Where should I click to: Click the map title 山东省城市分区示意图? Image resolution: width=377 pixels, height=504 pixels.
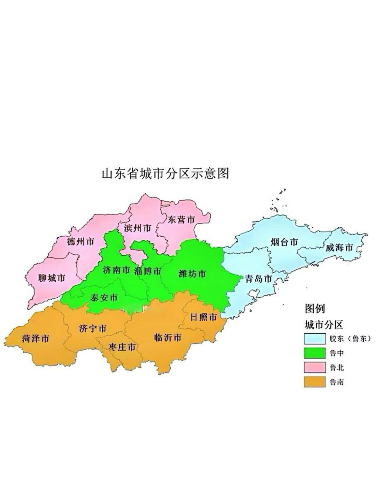pyautogui.click(x=165, y=174)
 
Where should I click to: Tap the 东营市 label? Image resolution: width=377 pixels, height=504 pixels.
pyautogui.click(x=181, y=220)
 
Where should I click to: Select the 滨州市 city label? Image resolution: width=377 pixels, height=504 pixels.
pyautogui.click(x=138, y=228)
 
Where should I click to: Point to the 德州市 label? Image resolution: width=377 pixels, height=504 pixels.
pyautogui.click(x=80, y=242)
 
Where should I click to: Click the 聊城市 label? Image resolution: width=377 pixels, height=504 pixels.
pyautogui.click(x=52, y=278)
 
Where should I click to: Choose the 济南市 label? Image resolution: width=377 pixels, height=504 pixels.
pyautogui.click(x=117, y=270)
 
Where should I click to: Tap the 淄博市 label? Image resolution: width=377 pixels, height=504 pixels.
pyautogui.click(x=148, y=271)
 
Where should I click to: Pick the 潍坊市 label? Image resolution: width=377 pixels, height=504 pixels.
pyautogui.click(x=192, y=274)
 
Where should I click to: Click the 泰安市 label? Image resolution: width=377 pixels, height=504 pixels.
pyautogui.click(x=104, y=298)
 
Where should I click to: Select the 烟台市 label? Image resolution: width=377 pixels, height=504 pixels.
pyautogui.click(x=284, y=242)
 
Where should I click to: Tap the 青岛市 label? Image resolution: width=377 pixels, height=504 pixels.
pyautogui.click(x=258, y=278)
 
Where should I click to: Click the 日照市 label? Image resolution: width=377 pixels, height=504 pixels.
pyautogui.click(x=203, y=317)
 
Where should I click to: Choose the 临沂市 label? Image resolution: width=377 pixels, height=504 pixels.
pyautogui.click(x=168, y=337)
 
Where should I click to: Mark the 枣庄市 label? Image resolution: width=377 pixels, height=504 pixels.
pyautogui.click(x=122, y=347)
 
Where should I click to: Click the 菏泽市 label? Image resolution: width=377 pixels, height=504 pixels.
pyautogui.click(x=35, y=339)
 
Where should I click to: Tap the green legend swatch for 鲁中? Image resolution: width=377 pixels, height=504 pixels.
pyautogui.click(x=315, y=353)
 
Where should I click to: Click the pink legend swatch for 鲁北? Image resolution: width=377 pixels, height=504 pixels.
pyautogui.click(x=315, y=368)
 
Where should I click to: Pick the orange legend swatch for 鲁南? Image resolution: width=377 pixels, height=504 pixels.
pyautogui.click(x=315, y=382)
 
